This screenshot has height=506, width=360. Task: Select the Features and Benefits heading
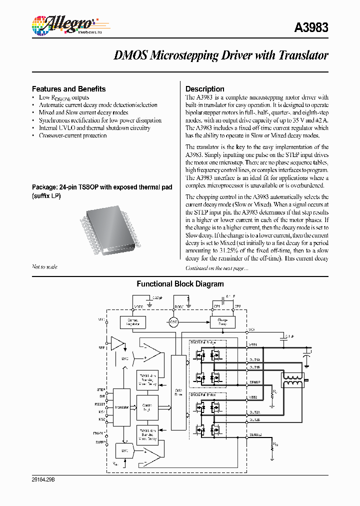[68, 89]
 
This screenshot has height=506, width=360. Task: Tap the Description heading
[205, 89]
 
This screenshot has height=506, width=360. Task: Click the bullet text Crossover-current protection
[72, 135]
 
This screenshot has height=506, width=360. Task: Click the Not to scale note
[44, 267]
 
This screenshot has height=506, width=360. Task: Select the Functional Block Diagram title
[180, 284]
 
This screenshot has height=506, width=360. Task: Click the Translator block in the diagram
[121, 407]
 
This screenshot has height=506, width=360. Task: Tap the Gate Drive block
[178, 392]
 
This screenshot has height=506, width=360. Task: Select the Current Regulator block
[132, 322]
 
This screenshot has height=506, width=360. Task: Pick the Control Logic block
[146, 407]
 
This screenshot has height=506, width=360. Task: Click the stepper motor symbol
[293, 380]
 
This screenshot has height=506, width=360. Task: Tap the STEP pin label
[101, 389]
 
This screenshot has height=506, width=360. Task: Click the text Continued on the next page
[216, 268]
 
